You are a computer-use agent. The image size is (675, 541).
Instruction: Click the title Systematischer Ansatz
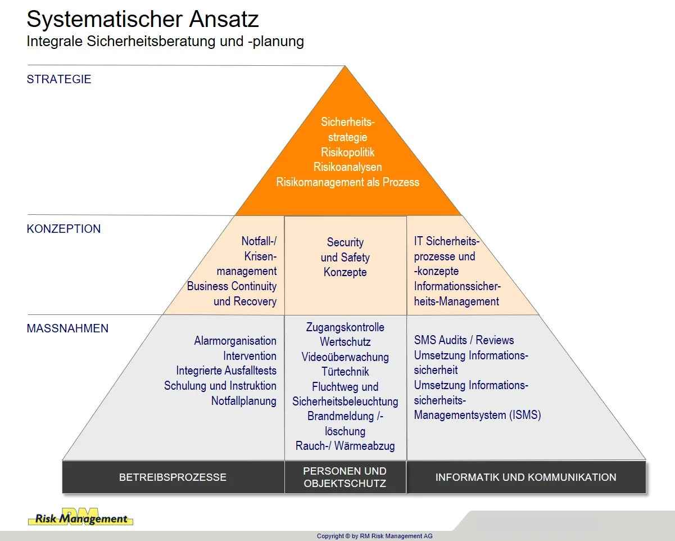143,19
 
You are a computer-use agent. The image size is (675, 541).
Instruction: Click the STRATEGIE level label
58,79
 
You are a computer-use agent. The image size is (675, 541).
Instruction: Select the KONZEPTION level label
64,229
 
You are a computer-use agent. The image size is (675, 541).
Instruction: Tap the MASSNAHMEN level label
67,328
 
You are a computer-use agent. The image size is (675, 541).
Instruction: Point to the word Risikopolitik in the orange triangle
347,152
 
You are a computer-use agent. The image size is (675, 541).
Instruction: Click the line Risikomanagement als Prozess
347,182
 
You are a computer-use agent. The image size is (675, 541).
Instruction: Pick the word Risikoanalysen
347,167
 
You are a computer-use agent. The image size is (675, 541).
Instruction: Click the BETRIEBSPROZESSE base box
173,477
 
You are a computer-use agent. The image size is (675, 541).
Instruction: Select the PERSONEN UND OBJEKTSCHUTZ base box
345,477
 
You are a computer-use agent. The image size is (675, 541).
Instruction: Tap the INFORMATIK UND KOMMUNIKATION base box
525,477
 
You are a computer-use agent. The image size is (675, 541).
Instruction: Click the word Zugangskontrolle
345,327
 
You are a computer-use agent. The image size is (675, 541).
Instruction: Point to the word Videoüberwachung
345,357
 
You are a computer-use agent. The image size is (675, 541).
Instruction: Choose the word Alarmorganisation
235,341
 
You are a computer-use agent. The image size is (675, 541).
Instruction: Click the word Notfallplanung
243,401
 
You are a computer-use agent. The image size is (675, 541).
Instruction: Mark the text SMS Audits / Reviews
464,340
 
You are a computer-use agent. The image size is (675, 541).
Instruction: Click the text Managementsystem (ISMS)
477,416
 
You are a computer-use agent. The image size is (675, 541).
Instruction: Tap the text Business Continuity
232,286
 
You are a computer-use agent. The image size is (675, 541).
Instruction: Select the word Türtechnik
345,372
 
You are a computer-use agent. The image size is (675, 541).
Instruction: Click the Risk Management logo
80,517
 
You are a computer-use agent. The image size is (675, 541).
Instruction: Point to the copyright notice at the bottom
375,536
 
